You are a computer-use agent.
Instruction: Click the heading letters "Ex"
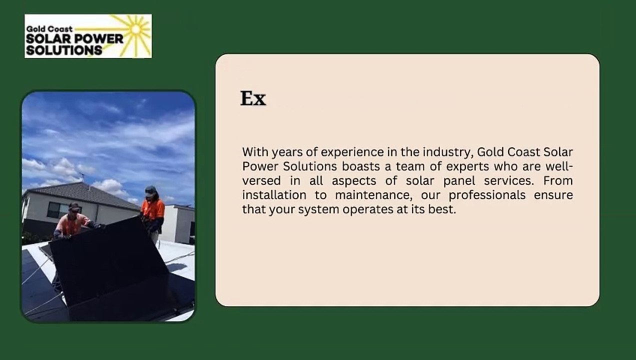point(253,98)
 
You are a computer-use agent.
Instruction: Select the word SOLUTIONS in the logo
point(64,50)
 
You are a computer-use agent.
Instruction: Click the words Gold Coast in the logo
point(49,29)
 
